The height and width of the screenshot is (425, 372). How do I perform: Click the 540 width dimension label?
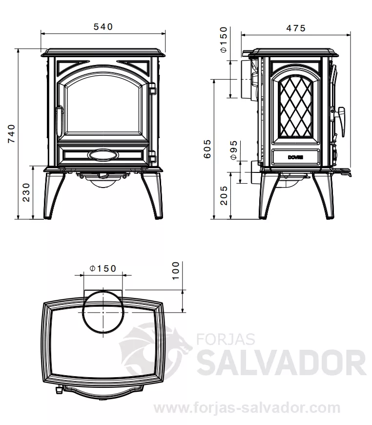click(x=103, y=26)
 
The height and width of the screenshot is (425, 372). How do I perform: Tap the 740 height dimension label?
click(x=11, y=133)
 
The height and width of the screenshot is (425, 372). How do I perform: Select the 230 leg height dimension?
click(x=26, y=192)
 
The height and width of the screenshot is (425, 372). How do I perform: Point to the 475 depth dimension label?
click(x=296, y=28)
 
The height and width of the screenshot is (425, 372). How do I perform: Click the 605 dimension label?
click(x=207, y=149)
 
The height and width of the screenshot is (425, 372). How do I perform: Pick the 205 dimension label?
click(x=224, y=195)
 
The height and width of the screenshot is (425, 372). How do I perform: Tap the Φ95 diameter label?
click(x=233, y=149)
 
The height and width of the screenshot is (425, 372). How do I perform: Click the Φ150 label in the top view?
click(x=103, y=268)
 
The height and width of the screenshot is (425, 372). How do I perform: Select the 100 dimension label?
click(x=176, y=271)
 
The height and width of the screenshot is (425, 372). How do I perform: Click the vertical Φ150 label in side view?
click(x=224, y=40)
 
